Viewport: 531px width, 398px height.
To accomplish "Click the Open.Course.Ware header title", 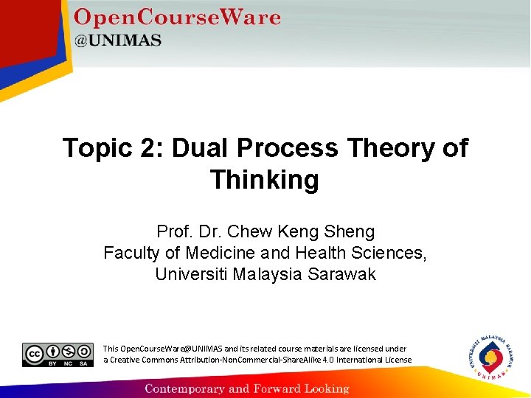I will coord(177,18).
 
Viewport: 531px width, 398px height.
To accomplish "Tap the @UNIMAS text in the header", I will coord(118,41).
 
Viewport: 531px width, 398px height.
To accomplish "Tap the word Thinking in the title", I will coord(265,180).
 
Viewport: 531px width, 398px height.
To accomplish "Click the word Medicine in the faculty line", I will coord(215,254).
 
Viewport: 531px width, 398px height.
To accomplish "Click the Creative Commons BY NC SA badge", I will coord(58,355).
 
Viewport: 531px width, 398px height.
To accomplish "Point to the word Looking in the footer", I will coord(324,388).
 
